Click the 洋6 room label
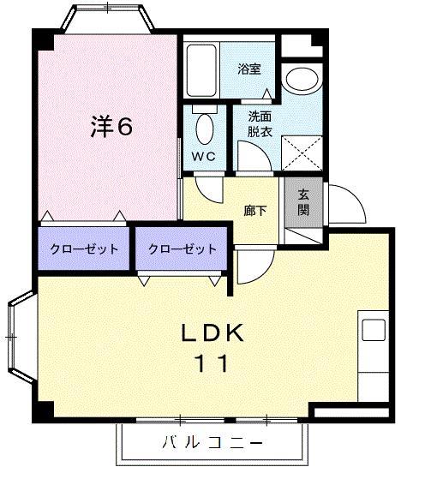coord(111,127)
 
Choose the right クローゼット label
coord(182,248)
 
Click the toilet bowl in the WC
coord(205,129)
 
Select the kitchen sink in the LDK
coord(374,329)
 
